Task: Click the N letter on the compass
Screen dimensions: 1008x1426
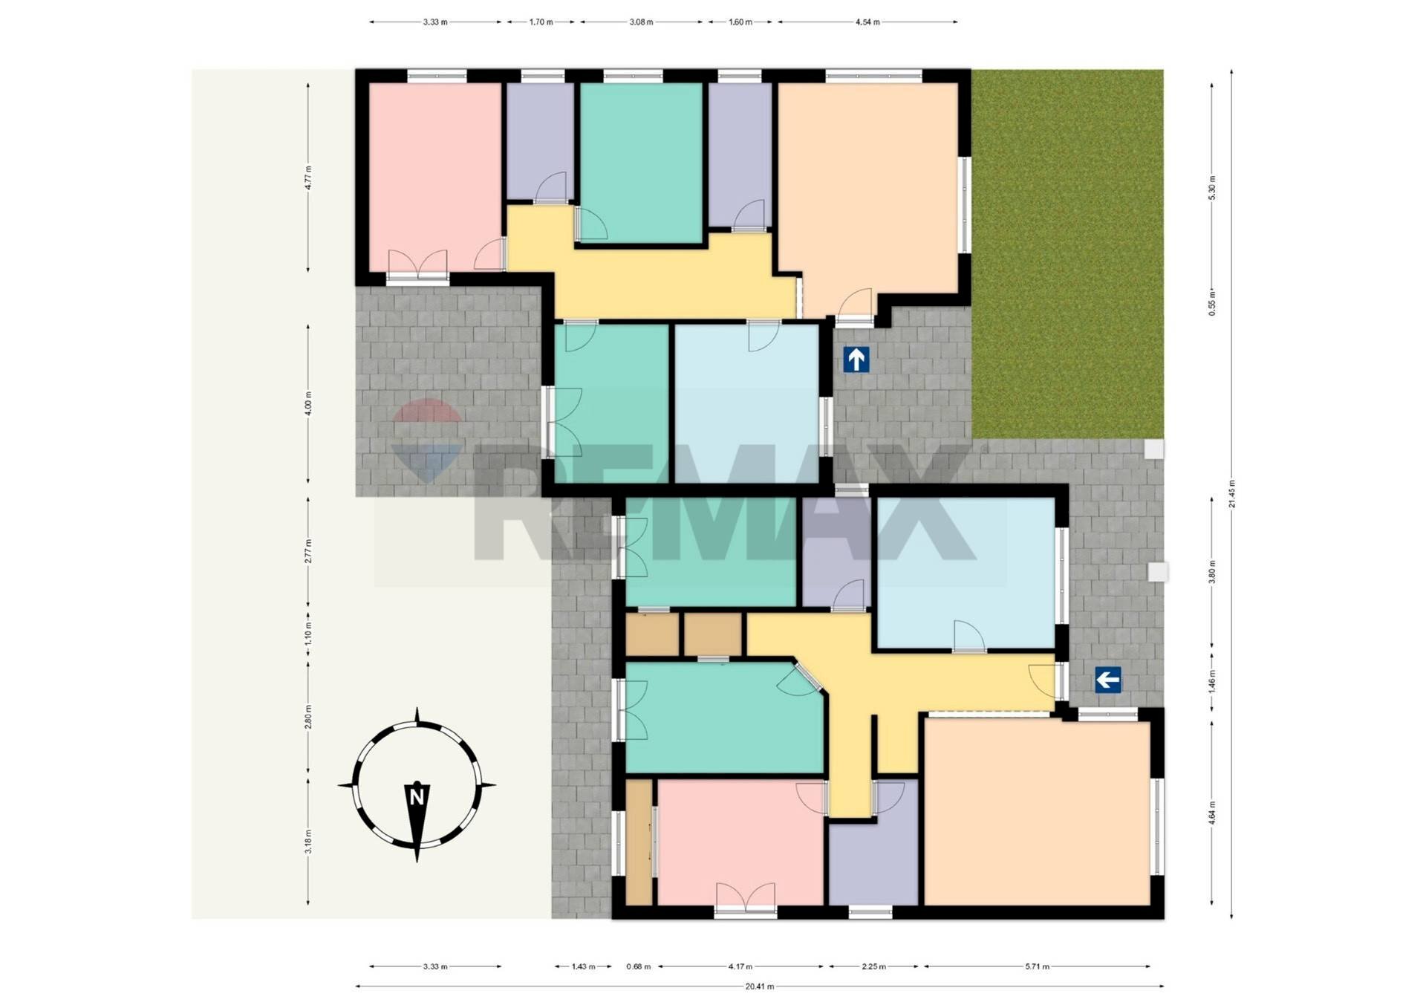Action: [417, 798]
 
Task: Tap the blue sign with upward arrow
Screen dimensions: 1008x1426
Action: [856, 360]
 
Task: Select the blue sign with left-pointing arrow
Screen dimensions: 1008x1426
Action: [1107, 679]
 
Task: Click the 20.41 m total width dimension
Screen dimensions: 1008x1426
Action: [759, 986]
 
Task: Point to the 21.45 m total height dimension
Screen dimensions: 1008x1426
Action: [1231, 493]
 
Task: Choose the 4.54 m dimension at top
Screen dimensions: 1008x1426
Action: [867, 22]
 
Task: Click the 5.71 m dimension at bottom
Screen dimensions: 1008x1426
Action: [1037, 966]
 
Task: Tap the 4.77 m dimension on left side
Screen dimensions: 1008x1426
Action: [308, 178]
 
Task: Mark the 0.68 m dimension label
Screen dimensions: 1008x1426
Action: [638, 966]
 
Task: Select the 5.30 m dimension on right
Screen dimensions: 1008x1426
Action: [1212, 187]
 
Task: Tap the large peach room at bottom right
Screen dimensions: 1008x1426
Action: [1037, 813]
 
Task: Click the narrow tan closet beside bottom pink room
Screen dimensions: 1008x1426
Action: [638, 842]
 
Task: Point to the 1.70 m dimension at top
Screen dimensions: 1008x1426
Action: [541, 22]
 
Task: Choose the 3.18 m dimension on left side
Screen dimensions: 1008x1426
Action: [308, 841]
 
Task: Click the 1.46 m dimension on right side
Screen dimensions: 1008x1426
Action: [1212, 682]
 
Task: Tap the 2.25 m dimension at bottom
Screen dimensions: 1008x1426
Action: [873, 966]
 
